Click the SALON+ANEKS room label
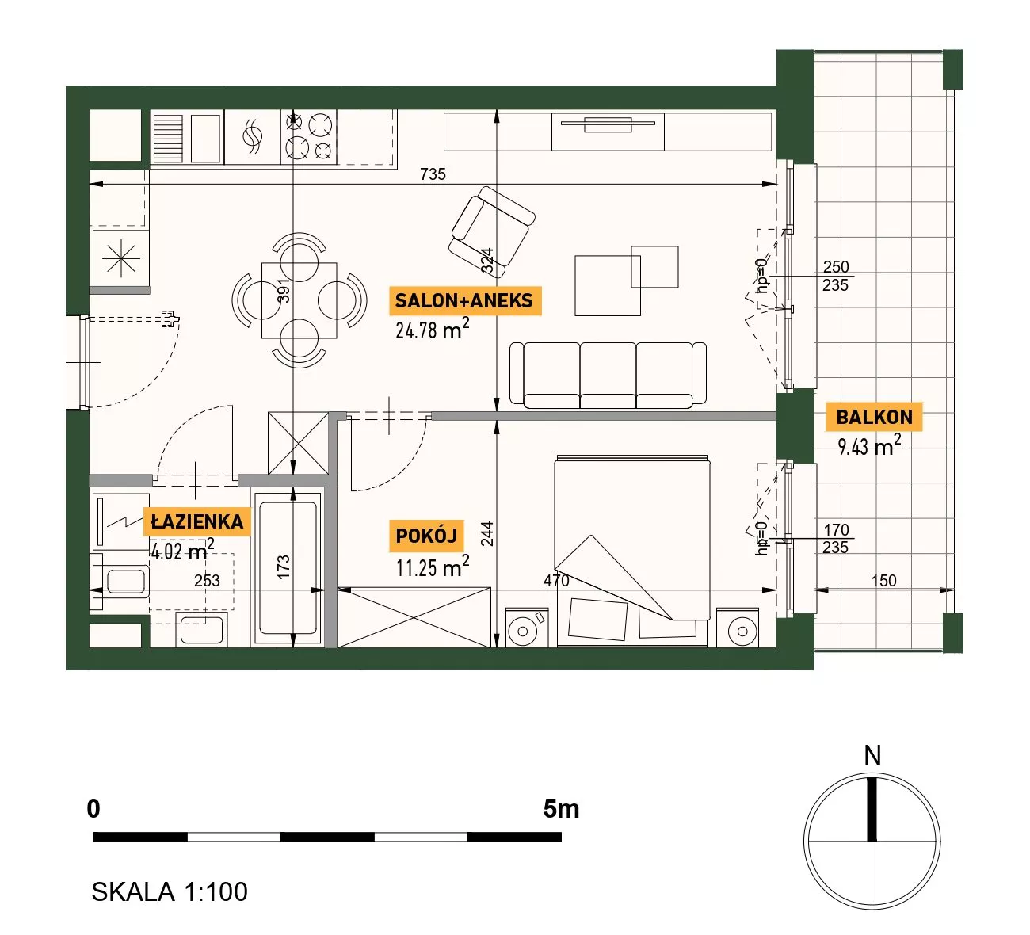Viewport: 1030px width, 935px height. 464,300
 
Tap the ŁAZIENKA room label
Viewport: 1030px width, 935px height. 197,522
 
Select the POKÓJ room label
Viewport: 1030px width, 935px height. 427,536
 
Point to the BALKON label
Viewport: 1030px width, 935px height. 874,417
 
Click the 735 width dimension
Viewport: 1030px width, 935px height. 433,174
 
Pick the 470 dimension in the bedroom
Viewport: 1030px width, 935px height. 556,581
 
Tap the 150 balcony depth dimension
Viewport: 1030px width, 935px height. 883,581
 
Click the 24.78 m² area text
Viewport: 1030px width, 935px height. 433,330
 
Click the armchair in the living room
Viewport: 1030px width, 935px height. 492,232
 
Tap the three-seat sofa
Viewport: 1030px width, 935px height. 608,376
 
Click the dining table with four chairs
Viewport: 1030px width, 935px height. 299,300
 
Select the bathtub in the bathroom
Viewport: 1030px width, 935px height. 288,567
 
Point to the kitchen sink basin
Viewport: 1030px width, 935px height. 205,138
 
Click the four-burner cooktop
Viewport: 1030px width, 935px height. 308,136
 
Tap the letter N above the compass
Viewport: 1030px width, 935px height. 872,756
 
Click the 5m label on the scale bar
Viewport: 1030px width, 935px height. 561,809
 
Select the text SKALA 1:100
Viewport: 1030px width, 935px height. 170,892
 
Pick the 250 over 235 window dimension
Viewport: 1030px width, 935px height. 835,276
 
